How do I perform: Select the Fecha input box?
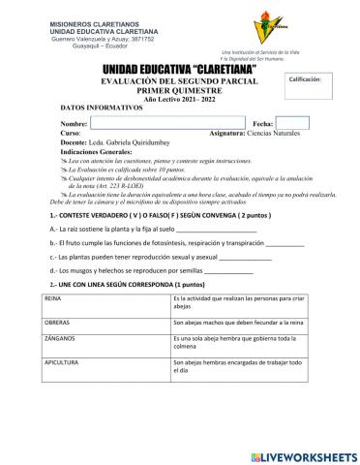coord(293,123)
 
